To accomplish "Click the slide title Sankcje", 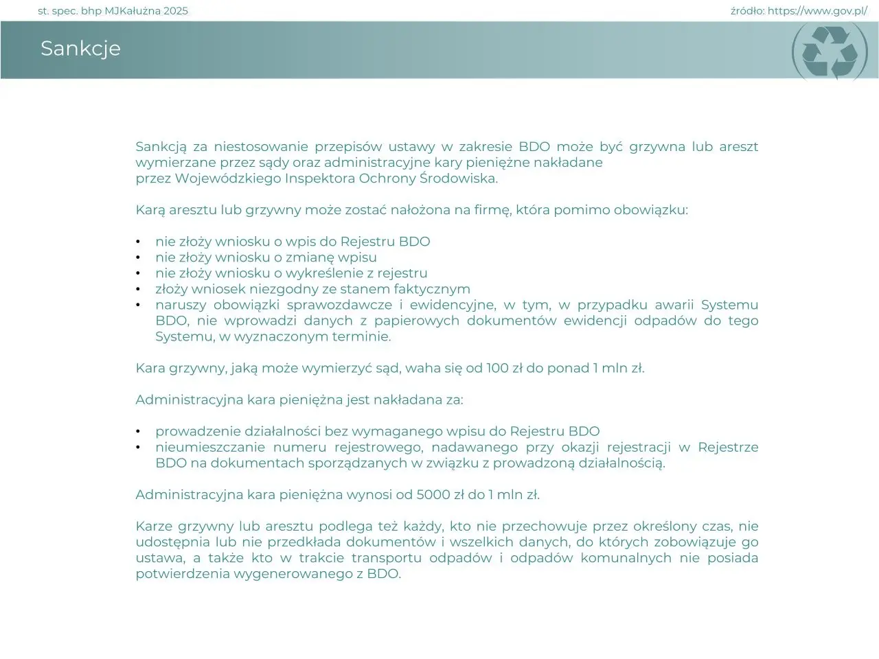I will pyautogui.click(x=80, y=48).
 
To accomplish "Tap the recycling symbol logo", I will pyautogui.click(x=830, y=51).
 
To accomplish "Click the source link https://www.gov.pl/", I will pyautogui.click(x=817, y=11).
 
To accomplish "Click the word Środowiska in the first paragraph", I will pyautogui.click(x=458, y=178).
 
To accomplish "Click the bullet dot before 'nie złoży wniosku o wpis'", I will pyautogui.click(x=138, y=242).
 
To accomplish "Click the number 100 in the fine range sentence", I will pyautogui.click(x=497, y=368).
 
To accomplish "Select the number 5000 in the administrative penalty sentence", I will pyautogui.click(x=433, y=494).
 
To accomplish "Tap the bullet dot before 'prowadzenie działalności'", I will pyautogui.click(x=138, y=432).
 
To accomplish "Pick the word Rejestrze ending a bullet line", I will pyautogui.click(x=728, y=448).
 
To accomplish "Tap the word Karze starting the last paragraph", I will pyautogui.click(x=153, y=527).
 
